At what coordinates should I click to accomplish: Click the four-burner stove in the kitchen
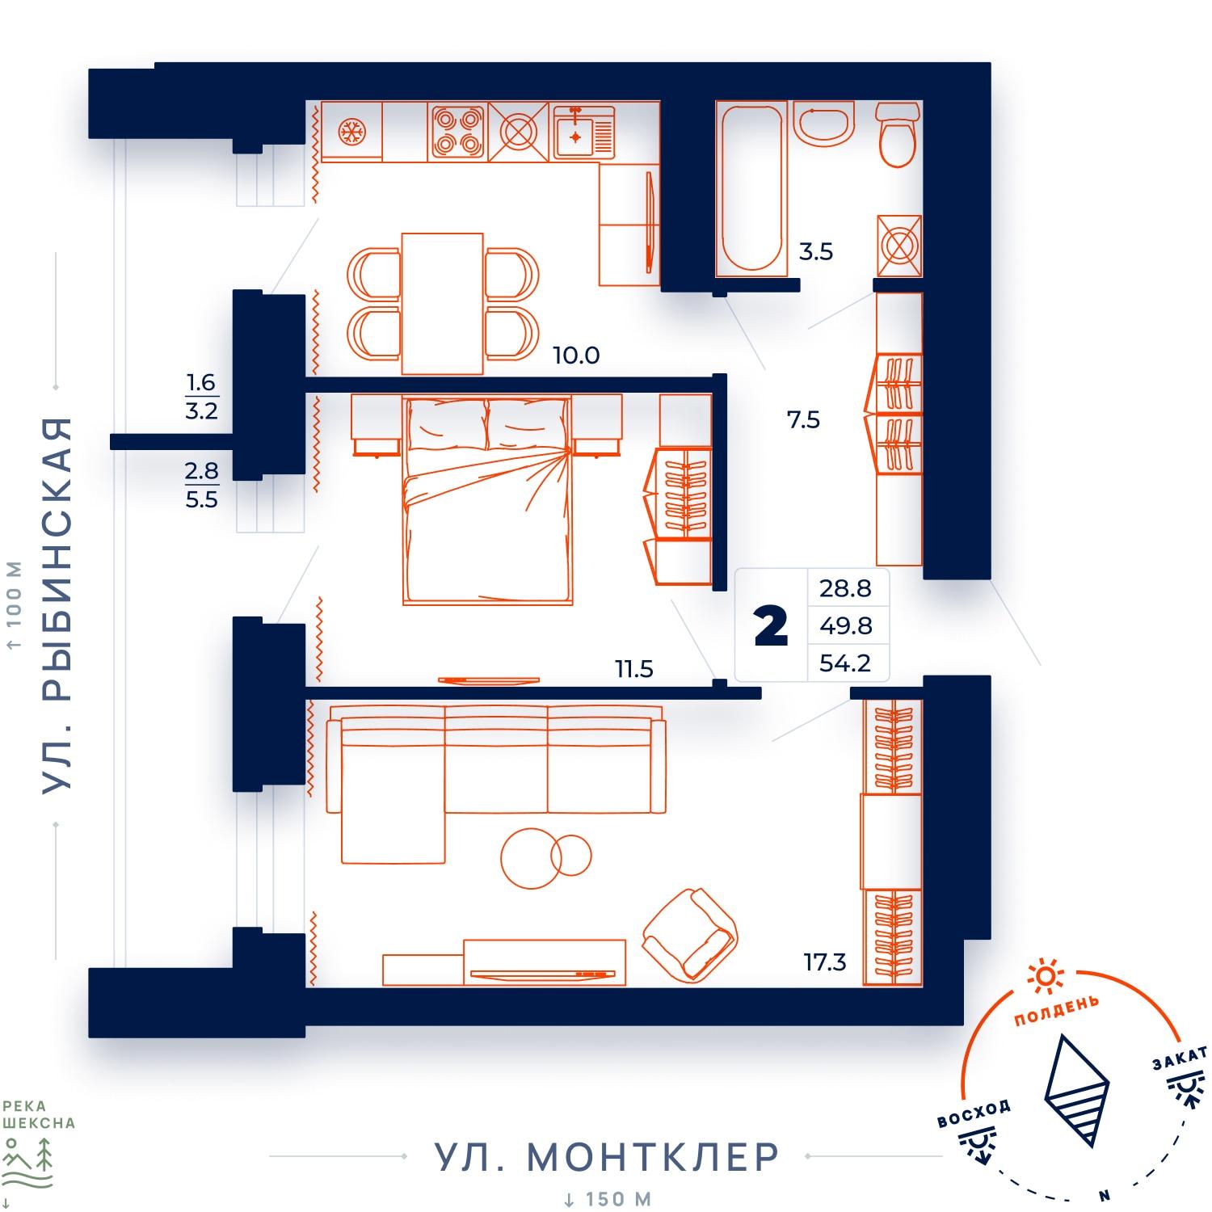pyautogui.click(x=457, y=132)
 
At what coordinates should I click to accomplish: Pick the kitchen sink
pyautogui.click(x=584, y=133)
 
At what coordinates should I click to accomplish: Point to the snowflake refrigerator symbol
pyautogui.click(x=351, y=131)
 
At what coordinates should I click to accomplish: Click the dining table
pyautogui.click(x=442, y=304)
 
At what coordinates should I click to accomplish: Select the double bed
pyautogui.click(x=487, y=500)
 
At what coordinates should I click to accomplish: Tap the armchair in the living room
pyautogui.click(x=690, y=934)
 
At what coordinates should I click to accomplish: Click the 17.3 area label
pyautogui.click(x=824, y=962)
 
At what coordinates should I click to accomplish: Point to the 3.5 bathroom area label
pyautogui.click(x=815, y=252)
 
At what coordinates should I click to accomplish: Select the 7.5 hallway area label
pyautogui.click(x=803, y=419)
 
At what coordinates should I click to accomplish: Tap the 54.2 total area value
pyautogui.click(x=845, y=663)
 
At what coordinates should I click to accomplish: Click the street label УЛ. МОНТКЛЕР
pyautogui.click(x=607, y=1156)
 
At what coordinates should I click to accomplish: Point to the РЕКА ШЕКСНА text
pyautogui.click(x=37, y=1115)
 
